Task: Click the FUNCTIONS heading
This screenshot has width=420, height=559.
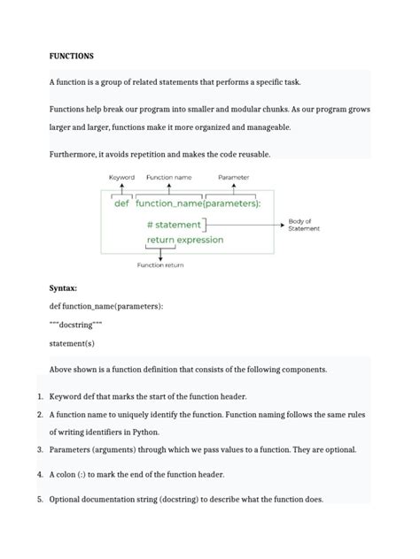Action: point(71,57)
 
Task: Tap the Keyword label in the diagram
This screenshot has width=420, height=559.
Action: point(121,177)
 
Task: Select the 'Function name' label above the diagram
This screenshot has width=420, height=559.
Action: point(169,177)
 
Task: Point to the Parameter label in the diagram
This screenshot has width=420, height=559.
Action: point(233,177)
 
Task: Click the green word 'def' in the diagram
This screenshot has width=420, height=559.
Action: point(122,203)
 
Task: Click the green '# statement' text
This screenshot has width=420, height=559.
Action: point(174,225)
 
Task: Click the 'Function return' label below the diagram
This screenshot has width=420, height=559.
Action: point(159,265)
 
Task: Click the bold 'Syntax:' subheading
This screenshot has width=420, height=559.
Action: point(63,288)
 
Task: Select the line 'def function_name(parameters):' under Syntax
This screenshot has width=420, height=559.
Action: point(106,306)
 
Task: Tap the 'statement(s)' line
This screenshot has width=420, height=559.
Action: point(72,343)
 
